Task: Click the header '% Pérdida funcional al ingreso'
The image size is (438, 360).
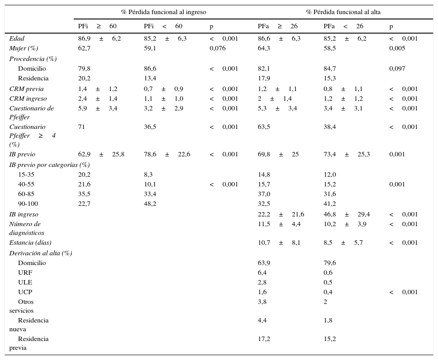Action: (x=163, y=12)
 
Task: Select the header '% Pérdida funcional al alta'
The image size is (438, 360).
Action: (x=343, y=12)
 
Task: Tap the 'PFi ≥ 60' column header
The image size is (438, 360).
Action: (x=97, y=27)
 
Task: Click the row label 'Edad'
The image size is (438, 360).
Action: (x=17, y=39)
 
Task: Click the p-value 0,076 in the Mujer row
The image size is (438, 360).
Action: (x=217, y=49)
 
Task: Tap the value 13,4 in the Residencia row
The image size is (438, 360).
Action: (x=150, y=79)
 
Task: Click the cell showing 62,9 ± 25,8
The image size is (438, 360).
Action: (x=101, y=155)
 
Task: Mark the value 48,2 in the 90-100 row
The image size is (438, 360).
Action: (x=150, y=204)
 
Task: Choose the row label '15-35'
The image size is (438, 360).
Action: (x=26, y=175)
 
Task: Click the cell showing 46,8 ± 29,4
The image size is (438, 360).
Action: (x=347, y=215)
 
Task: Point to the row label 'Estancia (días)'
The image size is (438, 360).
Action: (x=30, y=243)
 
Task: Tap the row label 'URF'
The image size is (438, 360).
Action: (x=25, y=273)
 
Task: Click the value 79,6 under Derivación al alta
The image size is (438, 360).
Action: (x=330, y=263)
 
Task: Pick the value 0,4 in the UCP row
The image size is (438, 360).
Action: (x=328, y=292)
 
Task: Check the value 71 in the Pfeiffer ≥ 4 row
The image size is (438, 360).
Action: (x=82, y=127)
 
